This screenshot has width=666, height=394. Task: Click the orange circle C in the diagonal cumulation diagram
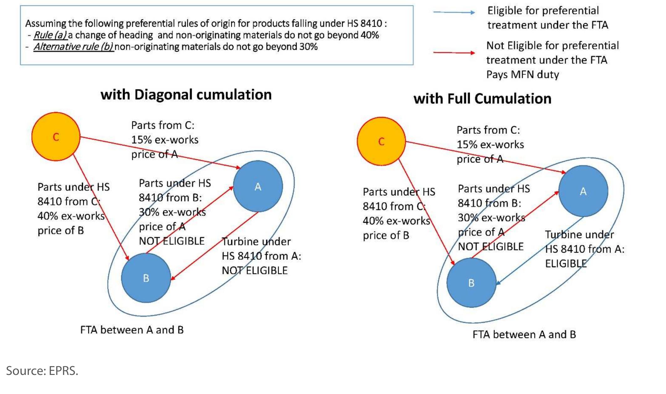[56, 137]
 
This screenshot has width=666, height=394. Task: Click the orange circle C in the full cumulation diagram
[381, 141]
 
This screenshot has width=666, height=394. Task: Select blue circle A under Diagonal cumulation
[258, 187]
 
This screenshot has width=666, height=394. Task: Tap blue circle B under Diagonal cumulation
[146, 278]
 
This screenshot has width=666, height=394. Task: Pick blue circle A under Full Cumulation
[583, 191]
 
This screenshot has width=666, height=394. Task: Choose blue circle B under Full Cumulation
[471, 283]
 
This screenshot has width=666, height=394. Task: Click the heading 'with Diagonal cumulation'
[186, 95]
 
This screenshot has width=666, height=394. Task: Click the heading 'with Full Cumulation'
[482, 99]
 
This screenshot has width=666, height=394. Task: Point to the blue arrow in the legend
[454, 12]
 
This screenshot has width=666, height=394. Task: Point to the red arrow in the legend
[454, 53]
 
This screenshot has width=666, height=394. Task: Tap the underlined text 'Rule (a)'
[50, 35]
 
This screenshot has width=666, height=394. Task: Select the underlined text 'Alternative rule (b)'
[73, 47]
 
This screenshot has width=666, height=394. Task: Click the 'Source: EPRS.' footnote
[42, 371]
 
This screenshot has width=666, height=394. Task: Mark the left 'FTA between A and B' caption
[132, 330]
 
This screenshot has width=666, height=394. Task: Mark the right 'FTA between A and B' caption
[524, 335]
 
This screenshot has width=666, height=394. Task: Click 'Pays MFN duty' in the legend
[522, 74]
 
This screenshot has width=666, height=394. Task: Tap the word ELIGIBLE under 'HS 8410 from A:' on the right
[566, 264]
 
